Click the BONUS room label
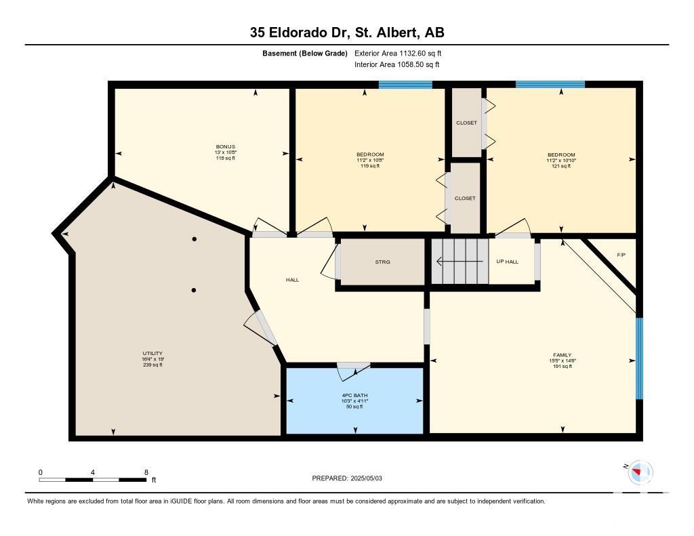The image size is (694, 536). coord(225,146)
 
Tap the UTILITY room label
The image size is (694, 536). coord(152,353)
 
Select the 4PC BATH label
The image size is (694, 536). coord(354,395)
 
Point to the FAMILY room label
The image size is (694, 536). coord(562,355)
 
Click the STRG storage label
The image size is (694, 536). coord(382,262)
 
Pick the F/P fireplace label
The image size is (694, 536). coord(621,255)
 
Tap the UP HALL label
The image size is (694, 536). coord(507,262)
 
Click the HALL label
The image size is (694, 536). coord(292,280)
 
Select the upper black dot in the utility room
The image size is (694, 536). coord(194,239)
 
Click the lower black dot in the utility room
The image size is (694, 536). coord(193,290)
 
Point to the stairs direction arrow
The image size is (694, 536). coord(460,262)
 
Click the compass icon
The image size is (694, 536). coord(640,472)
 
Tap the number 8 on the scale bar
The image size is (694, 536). coord(146,472)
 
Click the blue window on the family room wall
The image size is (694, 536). coord(639,358)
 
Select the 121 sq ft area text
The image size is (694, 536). coord(561,166)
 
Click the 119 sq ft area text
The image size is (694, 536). coord(370,166)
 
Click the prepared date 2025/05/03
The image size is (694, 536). coord(366,478)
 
